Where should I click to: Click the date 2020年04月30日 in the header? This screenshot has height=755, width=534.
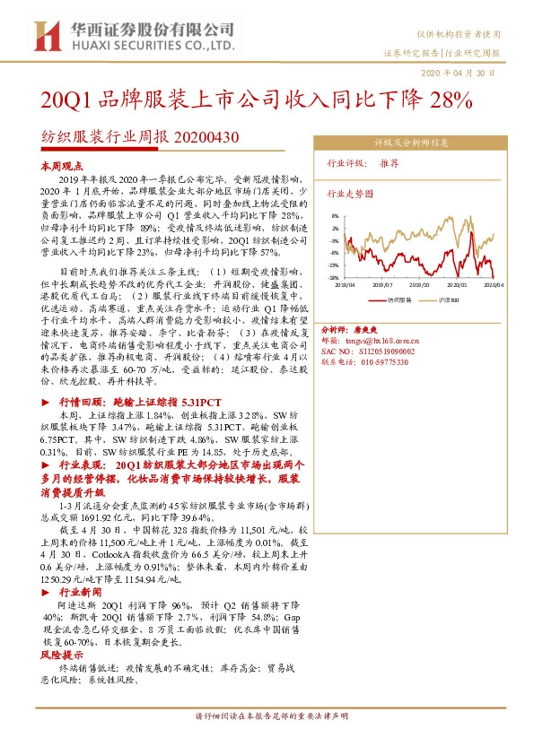(460, 72)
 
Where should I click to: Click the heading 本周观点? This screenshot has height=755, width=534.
(61, 168)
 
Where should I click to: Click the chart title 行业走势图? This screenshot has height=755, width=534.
(348, 194)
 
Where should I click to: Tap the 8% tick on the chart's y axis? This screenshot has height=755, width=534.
(336, 216)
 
